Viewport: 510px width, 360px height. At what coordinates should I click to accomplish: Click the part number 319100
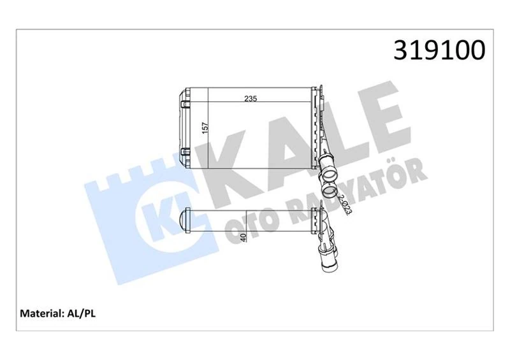[x=439, y=50]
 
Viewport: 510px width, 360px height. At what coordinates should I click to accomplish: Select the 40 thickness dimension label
[x=242, y=237]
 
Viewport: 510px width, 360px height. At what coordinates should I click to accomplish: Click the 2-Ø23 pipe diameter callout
[x=346, y=205]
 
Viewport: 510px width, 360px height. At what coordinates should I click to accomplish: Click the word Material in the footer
[x=41, y=313]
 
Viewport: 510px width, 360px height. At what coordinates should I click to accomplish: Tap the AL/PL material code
[x=80, y=313]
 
